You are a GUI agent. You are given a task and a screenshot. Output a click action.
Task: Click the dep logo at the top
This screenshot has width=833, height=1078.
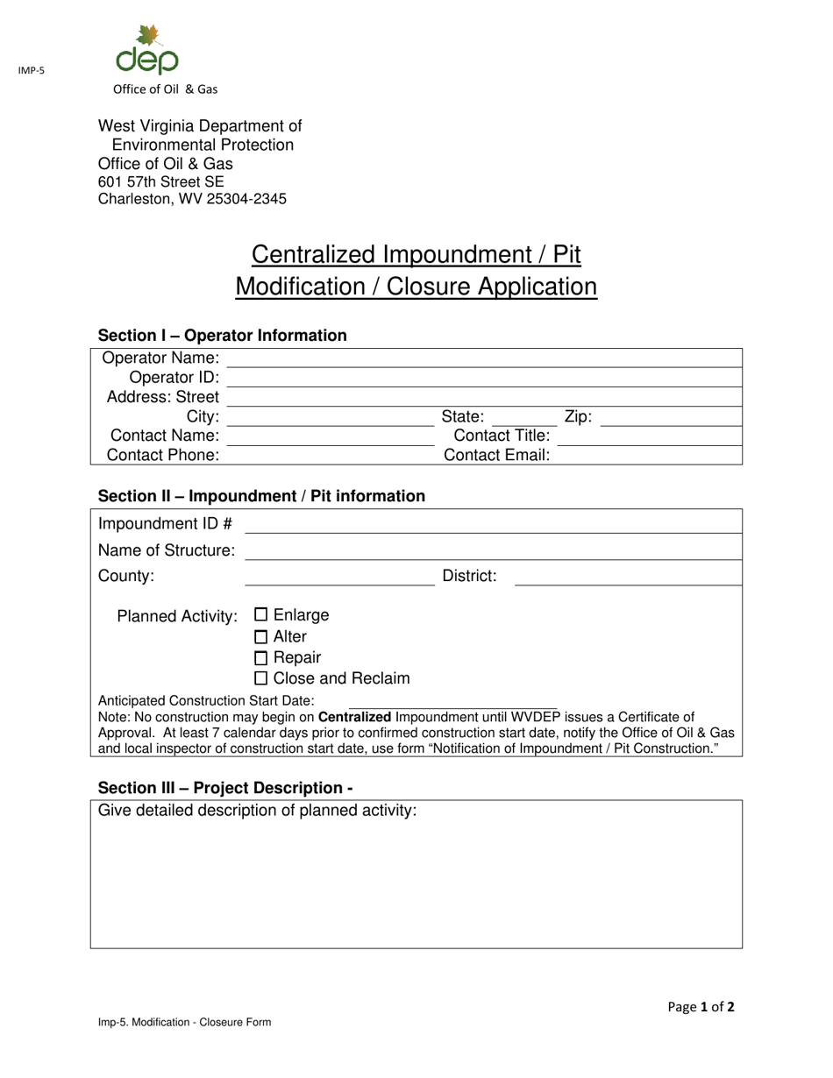(147, 51)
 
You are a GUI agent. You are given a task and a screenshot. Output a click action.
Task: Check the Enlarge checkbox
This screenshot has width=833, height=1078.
(260, 615)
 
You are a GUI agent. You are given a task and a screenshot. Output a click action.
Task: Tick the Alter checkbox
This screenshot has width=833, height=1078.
(260, 637)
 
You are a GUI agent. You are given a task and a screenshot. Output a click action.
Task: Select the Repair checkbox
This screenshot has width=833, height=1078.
(260, 658)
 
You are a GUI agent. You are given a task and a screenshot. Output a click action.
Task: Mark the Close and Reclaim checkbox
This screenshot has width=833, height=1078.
(260, 679)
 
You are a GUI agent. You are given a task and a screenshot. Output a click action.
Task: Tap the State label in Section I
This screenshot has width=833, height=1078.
(463, 417)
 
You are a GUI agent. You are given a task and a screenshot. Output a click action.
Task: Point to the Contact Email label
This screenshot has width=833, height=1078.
(497, 455)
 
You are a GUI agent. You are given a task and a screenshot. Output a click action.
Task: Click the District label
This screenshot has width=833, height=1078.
(469, 576)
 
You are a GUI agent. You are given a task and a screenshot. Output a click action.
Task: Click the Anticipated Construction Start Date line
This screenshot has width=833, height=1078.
(452, 703)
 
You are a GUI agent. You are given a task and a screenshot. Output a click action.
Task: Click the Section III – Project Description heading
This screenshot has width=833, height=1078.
(225, 787)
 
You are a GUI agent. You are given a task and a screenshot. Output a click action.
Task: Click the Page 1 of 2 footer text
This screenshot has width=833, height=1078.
(701, 1007)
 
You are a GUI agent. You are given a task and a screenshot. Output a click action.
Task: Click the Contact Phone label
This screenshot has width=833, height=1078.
(163, 455)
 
